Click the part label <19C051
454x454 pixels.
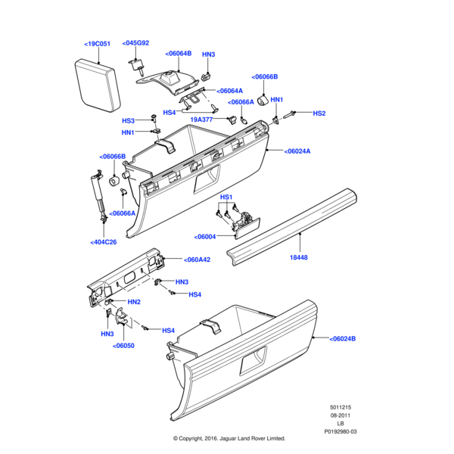(98, 44)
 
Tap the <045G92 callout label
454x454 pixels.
(135, 43)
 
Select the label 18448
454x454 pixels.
(299, 257)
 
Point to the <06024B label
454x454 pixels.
(342, 338)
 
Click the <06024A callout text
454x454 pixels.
(297, 151)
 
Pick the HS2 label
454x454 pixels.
(319, 113)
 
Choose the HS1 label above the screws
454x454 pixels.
(226, 197)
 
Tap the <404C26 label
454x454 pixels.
(104, 242)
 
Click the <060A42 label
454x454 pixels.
(197, 260)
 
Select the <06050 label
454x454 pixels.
(123, 346)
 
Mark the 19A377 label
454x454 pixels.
(201, 120)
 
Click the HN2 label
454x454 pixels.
(134, 302)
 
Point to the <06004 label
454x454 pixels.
(205, 237)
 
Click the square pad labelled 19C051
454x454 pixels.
(98, 86)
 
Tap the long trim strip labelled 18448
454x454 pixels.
(291, 227)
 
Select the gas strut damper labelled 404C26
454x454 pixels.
(98, 195)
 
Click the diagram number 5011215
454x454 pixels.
(340, 407)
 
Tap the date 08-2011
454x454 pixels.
(340, 415)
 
